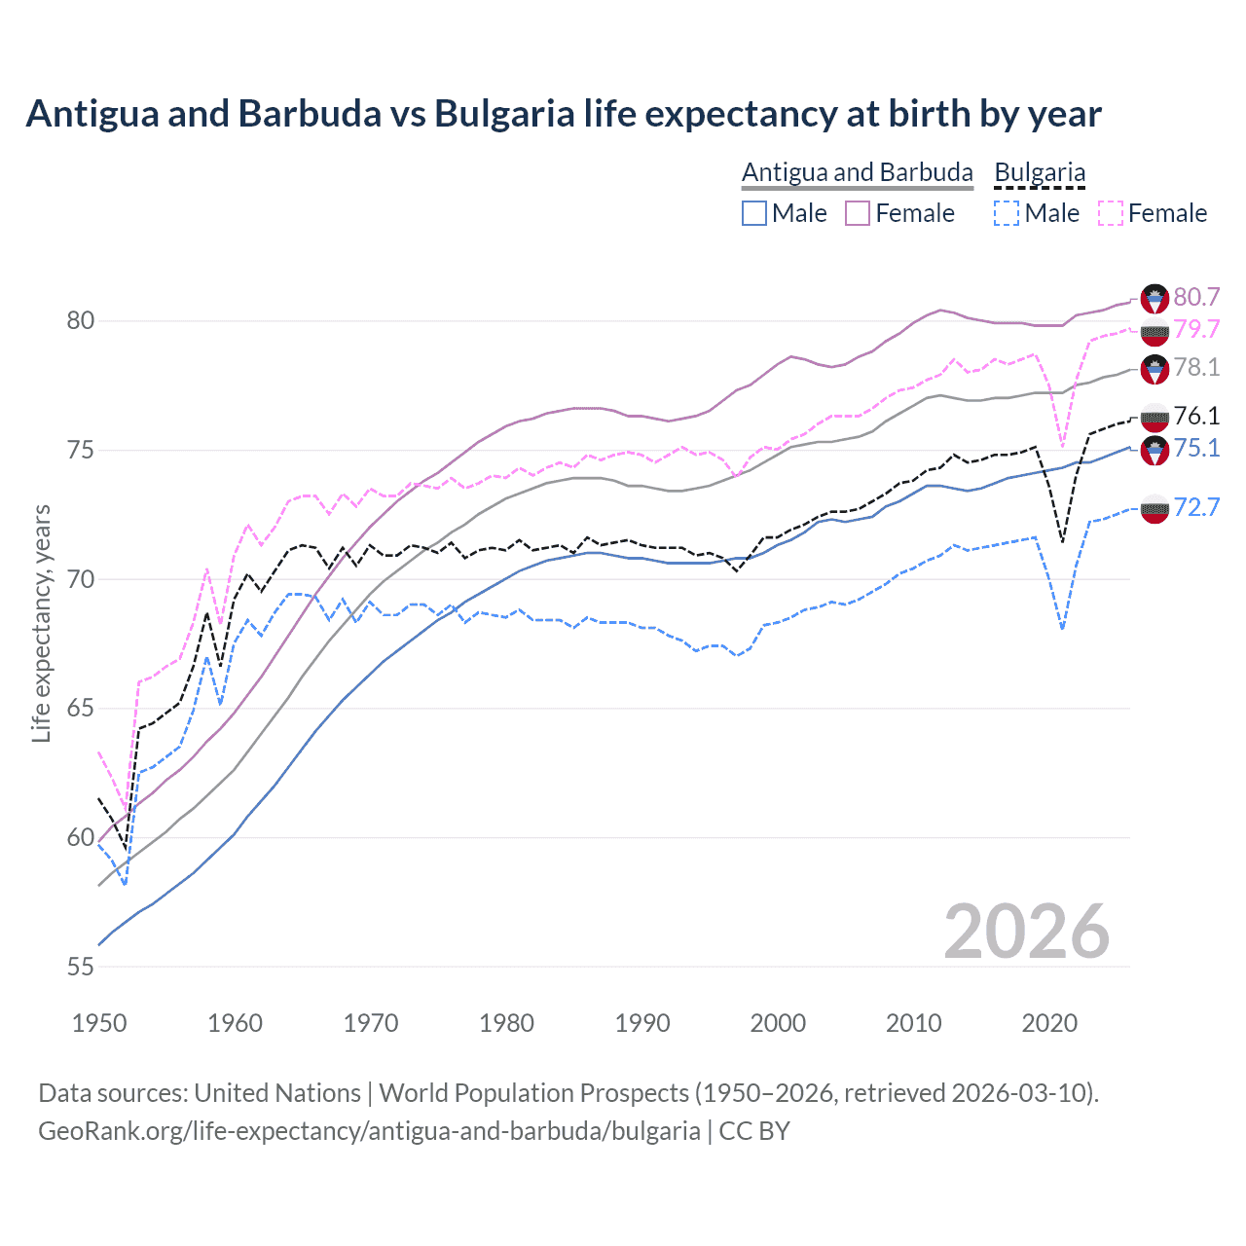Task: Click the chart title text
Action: (x=564, y=114)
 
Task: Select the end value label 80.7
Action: (x=1196, y=297)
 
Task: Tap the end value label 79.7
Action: (x=1196, y=329)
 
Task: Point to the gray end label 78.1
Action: (x=1196, y=367)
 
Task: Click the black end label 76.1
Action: (x=1196, y=416)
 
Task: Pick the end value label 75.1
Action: (x=1196, y=448)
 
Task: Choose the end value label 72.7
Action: (x=1196, y=507)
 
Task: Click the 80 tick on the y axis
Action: (x=81, y=321)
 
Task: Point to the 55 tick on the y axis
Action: (x=81, y=967)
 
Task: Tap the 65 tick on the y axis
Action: (x=81, y=709)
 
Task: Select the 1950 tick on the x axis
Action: (x=99, y=1023)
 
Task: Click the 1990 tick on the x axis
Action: (x=642, y=1023)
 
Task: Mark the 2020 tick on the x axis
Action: (x=1049, y=1023)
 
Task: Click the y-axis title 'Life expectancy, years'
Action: (x=41, y=623)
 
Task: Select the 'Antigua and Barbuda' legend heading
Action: (x=857, y=172)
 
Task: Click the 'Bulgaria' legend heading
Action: (x=1040, y=172)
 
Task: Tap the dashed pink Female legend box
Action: (x=1111, y=213)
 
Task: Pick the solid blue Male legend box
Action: (x=754, y=213)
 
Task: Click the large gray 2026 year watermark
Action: (x=1026, y=932)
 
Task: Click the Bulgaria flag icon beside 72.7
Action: (x=1154, y=508)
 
